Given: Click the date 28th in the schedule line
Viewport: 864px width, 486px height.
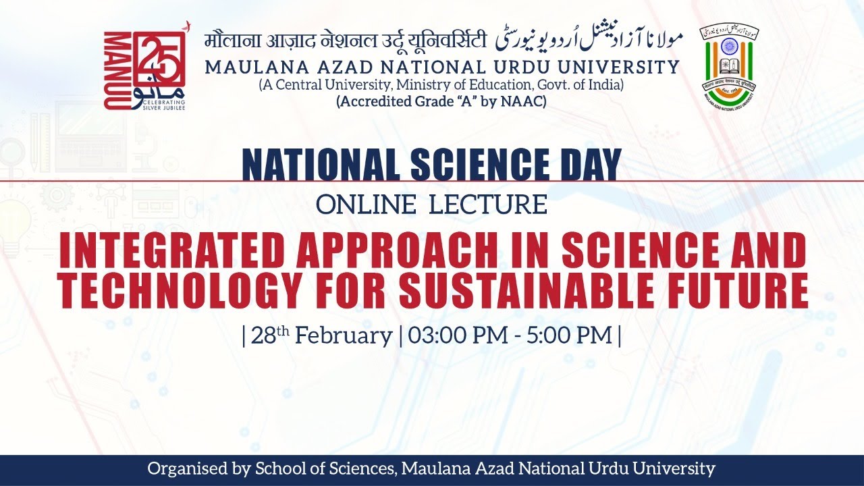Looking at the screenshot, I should pos(265,335).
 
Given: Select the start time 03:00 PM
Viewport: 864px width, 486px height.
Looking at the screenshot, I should pos(451,335).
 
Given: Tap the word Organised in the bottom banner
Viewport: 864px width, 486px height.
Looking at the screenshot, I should pos(185,468).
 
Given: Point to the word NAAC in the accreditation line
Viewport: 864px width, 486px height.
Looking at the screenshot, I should pos(526,102).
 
